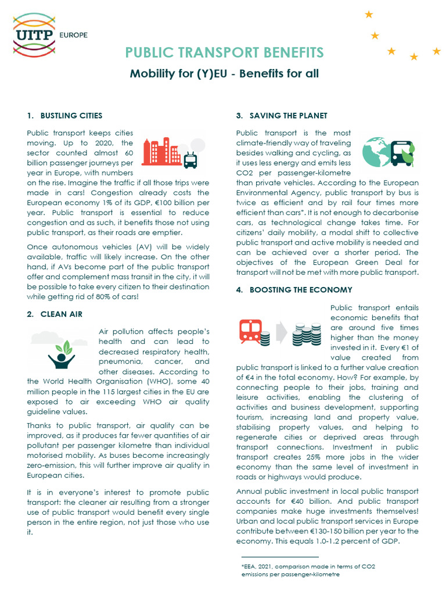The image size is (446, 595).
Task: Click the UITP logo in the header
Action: point(34,34)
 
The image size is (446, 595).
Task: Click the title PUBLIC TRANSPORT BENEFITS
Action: point(224,53)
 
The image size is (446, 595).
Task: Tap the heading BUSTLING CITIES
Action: point(71,116)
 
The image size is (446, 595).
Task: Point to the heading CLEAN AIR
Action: point(61,314)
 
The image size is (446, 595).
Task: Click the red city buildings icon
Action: point(161,153)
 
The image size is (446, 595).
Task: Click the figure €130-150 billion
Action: point(356,531)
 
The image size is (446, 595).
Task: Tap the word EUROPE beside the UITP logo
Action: point(74,35)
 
